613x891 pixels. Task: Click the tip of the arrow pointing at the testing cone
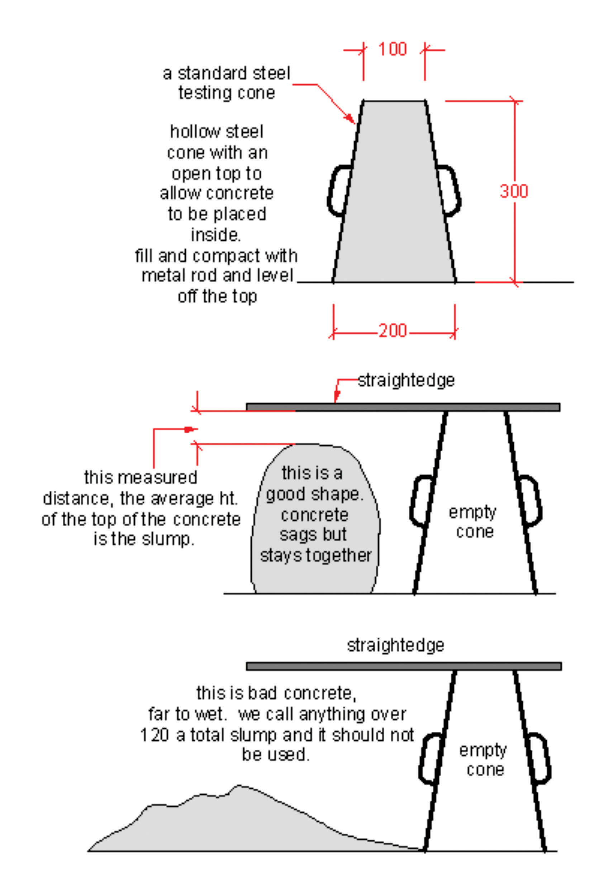coord(355,124)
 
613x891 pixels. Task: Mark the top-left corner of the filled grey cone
coord(363,101)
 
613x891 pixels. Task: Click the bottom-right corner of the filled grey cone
coord(456,282)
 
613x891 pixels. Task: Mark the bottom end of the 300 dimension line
coord(515,282)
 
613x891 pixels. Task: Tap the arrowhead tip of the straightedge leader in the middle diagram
coord(335,402)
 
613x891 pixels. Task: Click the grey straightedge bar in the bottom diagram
coord(404,666)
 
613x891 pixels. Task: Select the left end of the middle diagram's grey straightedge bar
coord(247,407)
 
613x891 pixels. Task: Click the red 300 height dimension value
coord(514,191)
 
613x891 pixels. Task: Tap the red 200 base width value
coord(393,330)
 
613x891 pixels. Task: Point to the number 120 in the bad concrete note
coord(155,735)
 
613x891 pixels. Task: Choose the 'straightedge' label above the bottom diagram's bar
coord(396,646)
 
